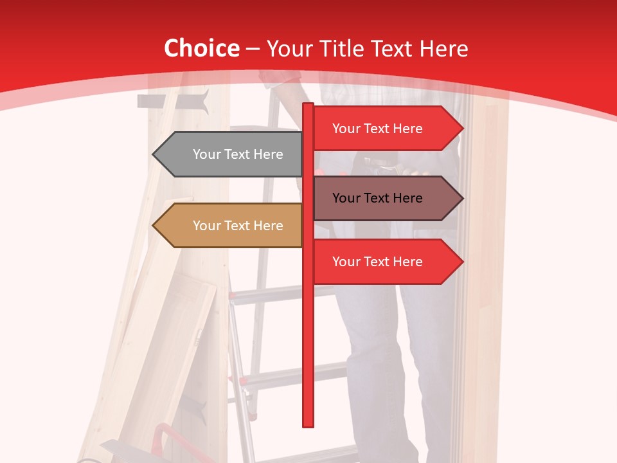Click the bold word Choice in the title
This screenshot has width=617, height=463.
point(201,48)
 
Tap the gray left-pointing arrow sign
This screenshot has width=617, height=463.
point(228,154)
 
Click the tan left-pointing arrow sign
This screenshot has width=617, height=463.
point(228,226)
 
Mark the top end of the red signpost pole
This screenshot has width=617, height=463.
point(308,105)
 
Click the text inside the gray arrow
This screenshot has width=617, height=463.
point(238,154)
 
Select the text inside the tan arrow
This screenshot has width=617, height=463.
point(238,226)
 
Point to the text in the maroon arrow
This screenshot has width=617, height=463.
point(377,198)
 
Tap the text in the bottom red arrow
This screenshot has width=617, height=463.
point(377,262)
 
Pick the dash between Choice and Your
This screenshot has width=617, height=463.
point(253,49)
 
